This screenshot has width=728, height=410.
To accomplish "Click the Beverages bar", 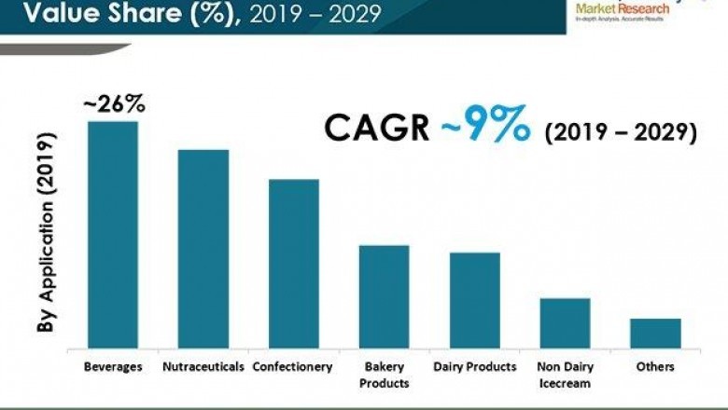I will (x=113, y=235).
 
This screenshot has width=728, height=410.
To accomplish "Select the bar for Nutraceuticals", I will (x=203, y=249).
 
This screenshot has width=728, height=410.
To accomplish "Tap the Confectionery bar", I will (x=294, y=264).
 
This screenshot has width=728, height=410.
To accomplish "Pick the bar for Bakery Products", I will (x=385, y=297).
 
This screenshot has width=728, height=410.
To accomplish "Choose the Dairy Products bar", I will (x=475, y=300).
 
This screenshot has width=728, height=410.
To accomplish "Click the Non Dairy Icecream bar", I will (x=565, y=323).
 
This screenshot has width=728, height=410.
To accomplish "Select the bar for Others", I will (x=655, y=334).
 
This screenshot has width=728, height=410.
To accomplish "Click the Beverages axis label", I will (x=113, y=366).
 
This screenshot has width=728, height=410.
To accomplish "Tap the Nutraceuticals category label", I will (x=203, y=366).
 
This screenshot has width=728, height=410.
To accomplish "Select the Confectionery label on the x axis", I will (x=293, y=366).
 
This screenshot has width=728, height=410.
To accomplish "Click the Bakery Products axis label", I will (x=385, y=375).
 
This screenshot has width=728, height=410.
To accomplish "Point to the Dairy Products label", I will (x=475, y=366).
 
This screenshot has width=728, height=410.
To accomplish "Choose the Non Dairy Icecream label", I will (x=565, y=375).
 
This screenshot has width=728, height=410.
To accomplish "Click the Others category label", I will (x=655, y=366).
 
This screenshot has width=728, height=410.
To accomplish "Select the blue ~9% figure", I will (x=486, y=127).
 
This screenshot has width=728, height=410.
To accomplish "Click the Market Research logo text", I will (x=623, y=8).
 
